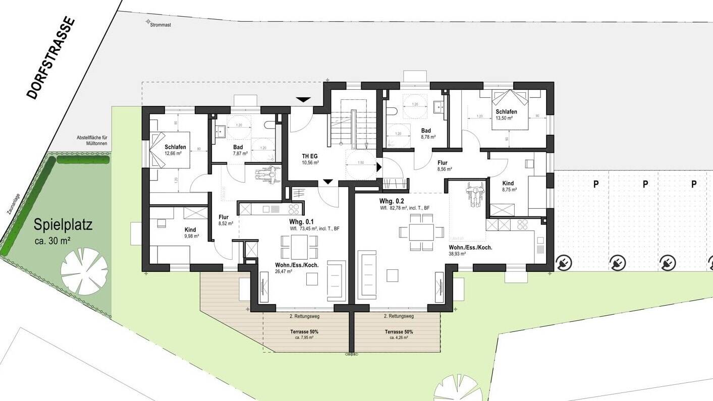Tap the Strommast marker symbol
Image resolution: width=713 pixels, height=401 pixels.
pyautogui.click(x=148, y=22)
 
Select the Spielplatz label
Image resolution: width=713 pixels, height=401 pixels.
pyautogui.click(x=63, y=225)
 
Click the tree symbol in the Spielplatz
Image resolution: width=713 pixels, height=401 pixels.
pyautogui.click(x=84, y=271)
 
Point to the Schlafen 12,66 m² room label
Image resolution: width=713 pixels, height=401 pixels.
pyautogui.click(x=175, y=150)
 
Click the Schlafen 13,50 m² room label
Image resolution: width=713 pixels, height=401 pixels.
pyautogui.click(x=506, y=114)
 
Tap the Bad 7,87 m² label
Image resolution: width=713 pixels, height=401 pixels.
pyautogui.click(x=238, y=150)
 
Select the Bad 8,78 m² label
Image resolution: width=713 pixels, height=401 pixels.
pyautogui.click(x=426, y=133)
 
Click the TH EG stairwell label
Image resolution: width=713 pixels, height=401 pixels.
pyautogui.click(x=310, y=159)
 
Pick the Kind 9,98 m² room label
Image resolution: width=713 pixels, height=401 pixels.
pyautogui.click(x=190, y=233)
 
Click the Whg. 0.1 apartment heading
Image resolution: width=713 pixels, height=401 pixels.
pyautogui.click(x=301, y=222)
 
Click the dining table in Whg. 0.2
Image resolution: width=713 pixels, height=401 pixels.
pyautogui.click(x=421, y=232)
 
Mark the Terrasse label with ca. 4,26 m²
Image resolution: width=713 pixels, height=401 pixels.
pyautogui.click(x=399, y=334)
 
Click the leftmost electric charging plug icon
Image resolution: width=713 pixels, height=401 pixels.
pyautogui.click(x=563, y=262)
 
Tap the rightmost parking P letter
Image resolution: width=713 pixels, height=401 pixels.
pyautogui.click(x=694, y=184)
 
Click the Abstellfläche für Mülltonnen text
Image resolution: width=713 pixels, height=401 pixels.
pyautogui.click(x=92, y=140)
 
